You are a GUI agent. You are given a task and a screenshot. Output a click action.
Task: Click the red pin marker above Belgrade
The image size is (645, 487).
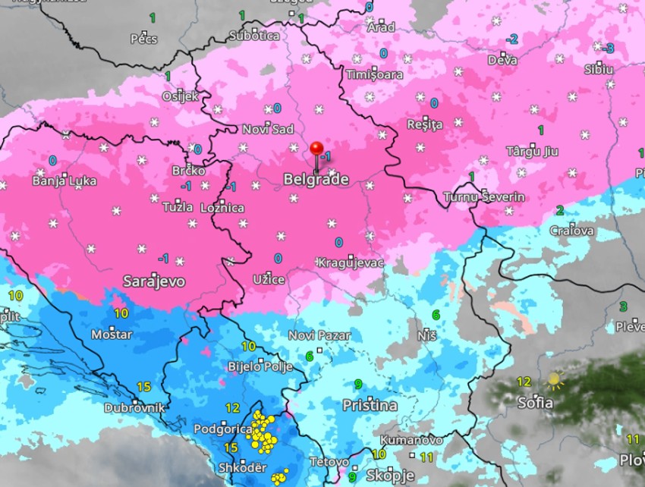pos(316,149)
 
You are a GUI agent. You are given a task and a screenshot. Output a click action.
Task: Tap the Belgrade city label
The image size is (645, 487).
pos(316,180)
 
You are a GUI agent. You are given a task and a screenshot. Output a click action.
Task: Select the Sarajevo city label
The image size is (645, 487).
pos(154,281)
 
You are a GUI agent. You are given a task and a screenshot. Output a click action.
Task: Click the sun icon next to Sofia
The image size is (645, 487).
pos(555,379)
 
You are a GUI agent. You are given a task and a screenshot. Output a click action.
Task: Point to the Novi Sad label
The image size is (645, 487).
pos(267,130)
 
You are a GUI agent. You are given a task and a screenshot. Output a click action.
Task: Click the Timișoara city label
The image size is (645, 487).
pos(374,74)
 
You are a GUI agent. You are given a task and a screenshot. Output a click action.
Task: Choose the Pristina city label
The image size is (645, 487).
pos(370,406)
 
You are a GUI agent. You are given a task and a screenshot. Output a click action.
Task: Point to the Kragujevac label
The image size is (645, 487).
pos(350,262)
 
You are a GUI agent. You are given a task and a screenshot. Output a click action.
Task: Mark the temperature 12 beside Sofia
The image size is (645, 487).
pos(524,382)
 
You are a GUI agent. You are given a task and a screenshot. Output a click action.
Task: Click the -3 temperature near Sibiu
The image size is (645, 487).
pos(609,48)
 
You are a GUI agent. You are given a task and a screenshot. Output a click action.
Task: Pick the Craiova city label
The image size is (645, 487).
pos(572,231)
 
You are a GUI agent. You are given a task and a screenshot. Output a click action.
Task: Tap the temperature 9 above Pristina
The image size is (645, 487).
pos(358,384)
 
